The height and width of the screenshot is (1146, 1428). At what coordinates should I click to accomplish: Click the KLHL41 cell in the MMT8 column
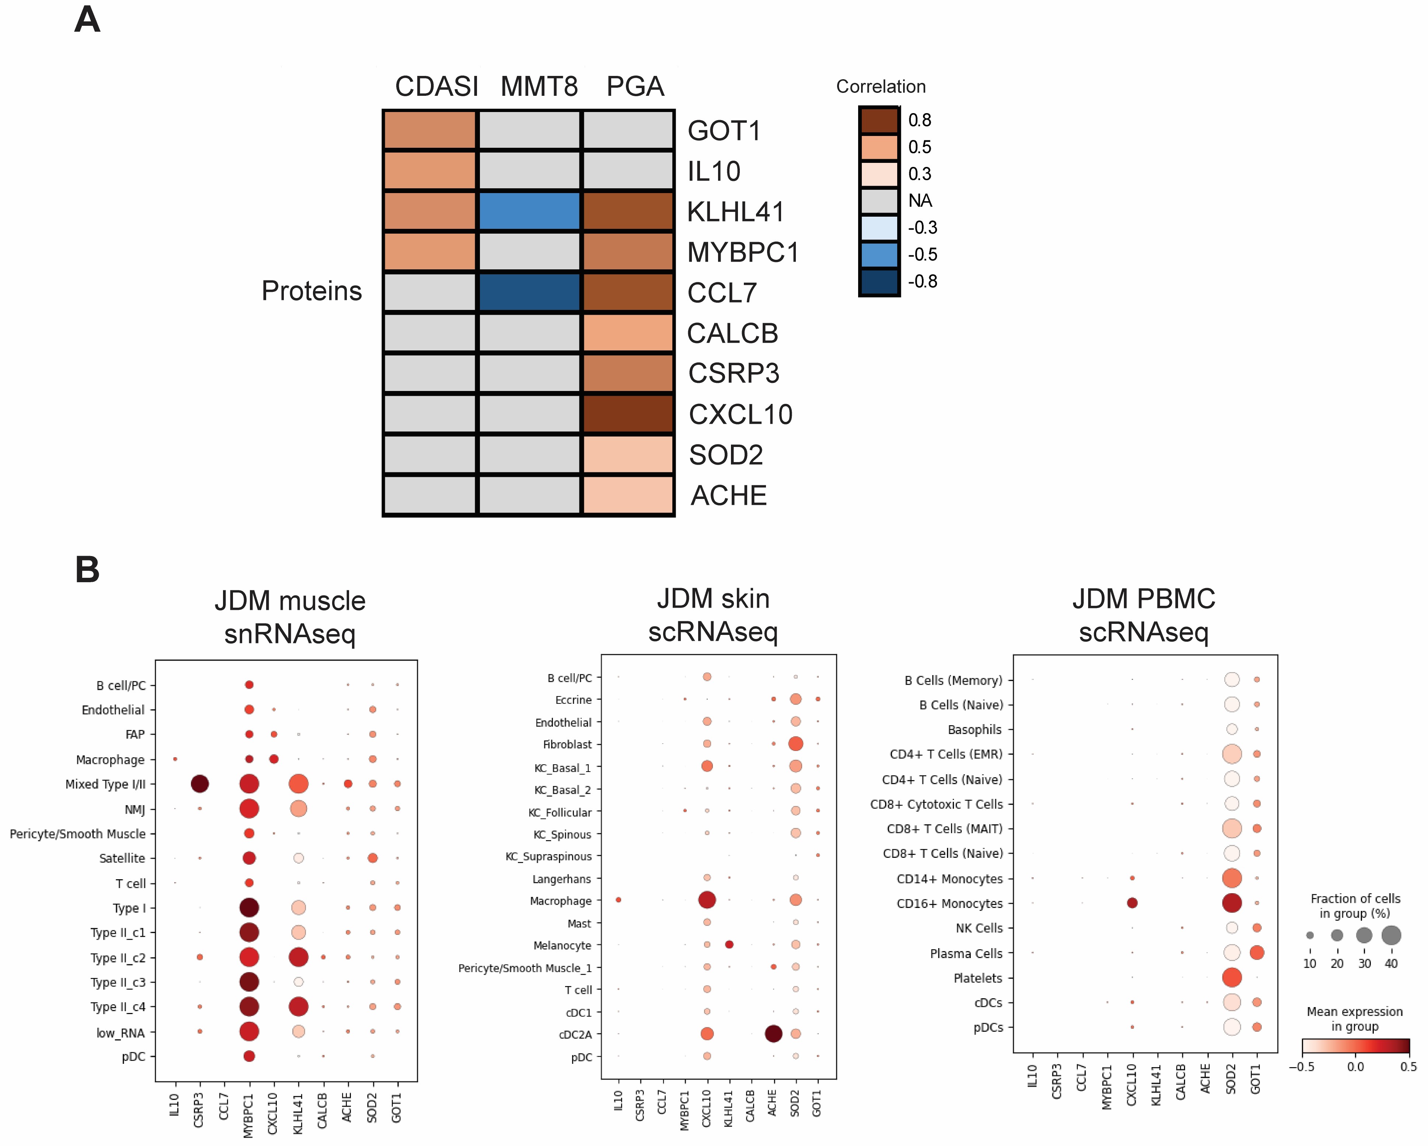point(529,211)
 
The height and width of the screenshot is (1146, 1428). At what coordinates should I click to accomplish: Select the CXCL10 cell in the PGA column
point(628,414)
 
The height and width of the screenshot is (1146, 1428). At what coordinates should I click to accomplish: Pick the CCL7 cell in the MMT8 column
point(529,292)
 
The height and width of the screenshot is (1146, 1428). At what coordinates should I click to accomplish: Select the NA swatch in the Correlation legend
point(879,200)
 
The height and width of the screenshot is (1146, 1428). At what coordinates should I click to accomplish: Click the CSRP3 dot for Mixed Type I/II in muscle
point(199,784)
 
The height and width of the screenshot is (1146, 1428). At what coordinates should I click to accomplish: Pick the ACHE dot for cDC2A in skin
point(773,1034)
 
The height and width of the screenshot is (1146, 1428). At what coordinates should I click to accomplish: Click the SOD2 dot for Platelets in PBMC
point(1231,977)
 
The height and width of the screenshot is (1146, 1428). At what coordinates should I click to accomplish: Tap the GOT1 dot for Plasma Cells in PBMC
point(1257,953)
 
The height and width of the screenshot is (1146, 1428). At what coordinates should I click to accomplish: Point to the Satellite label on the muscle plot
point(122,858)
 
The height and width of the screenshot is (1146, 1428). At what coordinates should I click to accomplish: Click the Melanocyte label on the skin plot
point(563,946)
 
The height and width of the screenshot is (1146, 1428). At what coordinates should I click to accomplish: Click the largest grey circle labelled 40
point(1391,936)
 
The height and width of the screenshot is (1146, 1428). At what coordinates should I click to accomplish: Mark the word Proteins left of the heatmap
point(311,291)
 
